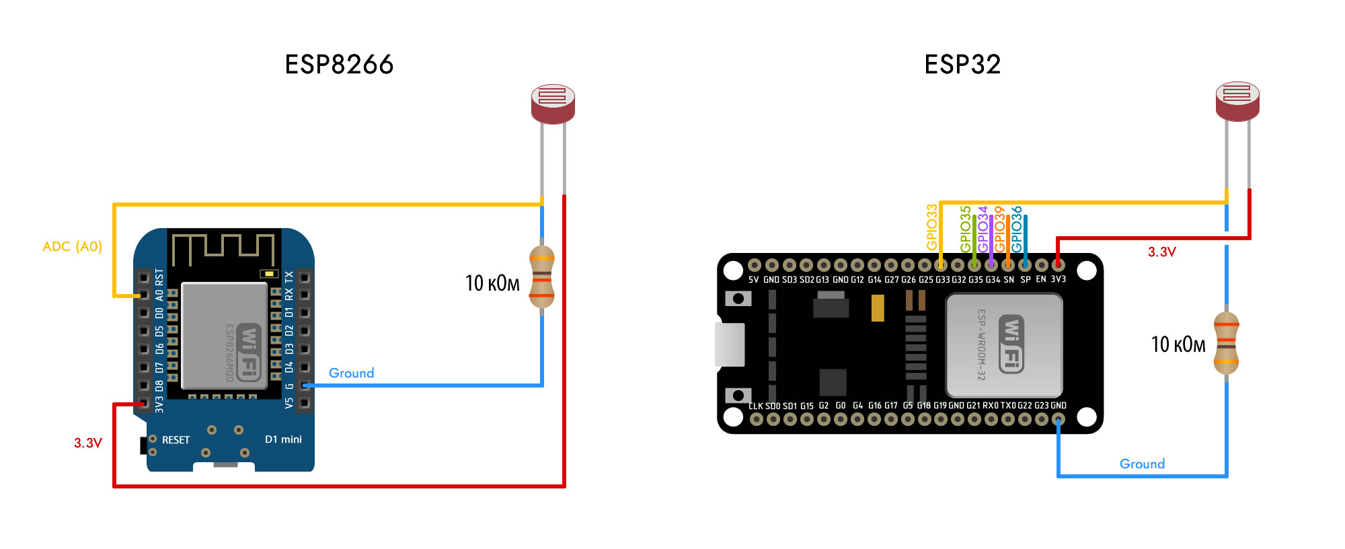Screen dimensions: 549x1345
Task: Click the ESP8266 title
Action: point(339,65)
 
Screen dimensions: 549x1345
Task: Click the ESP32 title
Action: point(962,65)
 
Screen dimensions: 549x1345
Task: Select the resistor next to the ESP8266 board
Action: point(542,277)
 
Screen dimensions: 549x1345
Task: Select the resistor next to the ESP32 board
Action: point(1227,343)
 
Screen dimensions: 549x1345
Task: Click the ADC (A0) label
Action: point(72,246)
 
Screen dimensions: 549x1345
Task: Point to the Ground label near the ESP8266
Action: point(351,373)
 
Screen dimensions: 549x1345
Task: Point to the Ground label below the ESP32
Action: point(1142,464)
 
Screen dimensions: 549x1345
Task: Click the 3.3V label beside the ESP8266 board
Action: point(88,443)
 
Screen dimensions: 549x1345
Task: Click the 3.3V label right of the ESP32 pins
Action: point(1161,252)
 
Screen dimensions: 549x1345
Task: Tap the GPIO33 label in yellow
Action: point(931,227)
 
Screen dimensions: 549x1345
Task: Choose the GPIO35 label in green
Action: point(966,229)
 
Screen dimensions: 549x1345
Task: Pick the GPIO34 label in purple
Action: point(983,229)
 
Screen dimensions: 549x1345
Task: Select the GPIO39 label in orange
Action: point(1000,229)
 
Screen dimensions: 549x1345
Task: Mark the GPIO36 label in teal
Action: point(1017,229)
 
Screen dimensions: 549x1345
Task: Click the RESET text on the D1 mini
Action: point(176,440)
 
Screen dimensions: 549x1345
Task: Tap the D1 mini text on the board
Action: point(283,439)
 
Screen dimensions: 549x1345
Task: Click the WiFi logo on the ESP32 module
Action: point(1011,344)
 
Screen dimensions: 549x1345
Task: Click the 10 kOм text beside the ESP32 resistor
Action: point(1178,344)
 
